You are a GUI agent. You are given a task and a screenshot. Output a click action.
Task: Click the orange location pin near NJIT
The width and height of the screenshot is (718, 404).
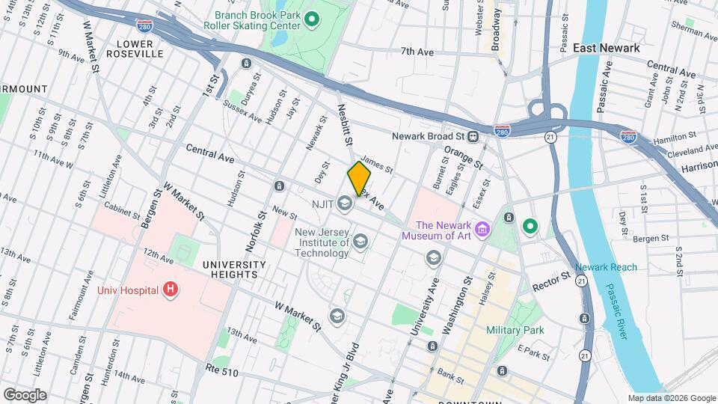(x=359, y=179)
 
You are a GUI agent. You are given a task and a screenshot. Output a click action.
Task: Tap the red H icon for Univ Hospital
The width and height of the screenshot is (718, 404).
(x=171, y=289)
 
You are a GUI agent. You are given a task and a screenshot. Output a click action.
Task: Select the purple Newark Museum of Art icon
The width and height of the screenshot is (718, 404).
(x=482, y=228)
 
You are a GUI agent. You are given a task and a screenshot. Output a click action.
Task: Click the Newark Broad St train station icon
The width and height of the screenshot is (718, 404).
(x=473, y=137)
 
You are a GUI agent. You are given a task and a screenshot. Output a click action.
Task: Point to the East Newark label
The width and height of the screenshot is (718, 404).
(x=606, y=48)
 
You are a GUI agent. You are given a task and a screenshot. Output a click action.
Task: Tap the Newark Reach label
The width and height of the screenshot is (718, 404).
(x=606, y=267)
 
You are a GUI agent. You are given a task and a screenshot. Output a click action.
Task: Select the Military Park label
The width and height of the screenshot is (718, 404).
(x=515, y=329)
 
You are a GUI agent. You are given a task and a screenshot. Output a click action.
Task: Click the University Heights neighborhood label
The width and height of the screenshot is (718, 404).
(x=234, y=270)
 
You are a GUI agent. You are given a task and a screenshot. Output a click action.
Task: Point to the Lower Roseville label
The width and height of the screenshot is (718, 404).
(x=134, y=49)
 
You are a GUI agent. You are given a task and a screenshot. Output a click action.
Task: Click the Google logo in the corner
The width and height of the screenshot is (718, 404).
(x=25, y=395)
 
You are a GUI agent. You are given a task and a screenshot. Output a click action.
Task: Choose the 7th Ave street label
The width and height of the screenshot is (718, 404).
(x=417, y=52)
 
